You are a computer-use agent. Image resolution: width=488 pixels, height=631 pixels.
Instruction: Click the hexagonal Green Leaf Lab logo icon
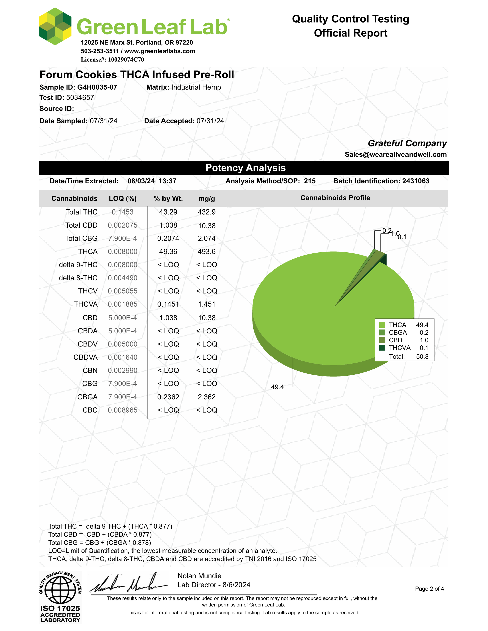coord(55,27)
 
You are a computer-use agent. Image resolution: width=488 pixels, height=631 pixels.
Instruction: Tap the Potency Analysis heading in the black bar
coord(246,168)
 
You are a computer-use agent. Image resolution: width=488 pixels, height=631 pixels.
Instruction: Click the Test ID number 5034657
coord(80,98)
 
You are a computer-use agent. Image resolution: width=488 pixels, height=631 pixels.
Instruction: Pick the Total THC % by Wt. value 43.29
coord(168,212)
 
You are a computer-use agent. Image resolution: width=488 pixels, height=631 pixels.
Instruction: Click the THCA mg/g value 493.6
coord(206,252)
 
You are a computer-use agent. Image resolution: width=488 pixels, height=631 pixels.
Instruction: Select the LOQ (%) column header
coord(123,199)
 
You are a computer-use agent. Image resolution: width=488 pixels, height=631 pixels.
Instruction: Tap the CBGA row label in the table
coord(87,397)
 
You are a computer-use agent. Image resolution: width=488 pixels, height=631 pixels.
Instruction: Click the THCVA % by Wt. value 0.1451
coord(168,304)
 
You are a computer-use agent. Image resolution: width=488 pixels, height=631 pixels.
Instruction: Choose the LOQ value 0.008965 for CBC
coord(123,410)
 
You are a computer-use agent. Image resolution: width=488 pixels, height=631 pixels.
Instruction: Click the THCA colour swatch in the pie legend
coord(382,325)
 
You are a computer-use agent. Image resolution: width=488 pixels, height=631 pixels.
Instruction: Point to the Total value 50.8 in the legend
coord(422,357)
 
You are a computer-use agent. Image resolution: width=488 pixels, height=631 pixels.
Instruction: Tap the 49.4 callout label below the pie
coord(277,387)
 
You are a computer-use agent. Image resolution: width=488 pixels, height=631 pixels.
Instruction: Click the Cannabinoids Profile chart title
coord(335,198)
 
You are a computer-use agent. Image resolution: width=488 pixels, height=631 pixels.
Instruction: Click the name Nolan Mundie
coord(199,576)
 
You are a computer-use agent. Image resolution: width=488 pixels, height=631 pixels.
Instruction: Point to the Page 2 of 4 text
coord(429,589)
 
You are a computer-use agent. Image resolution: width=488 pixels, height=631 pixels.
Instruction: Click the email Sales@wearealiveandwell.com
coord(395,155)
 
